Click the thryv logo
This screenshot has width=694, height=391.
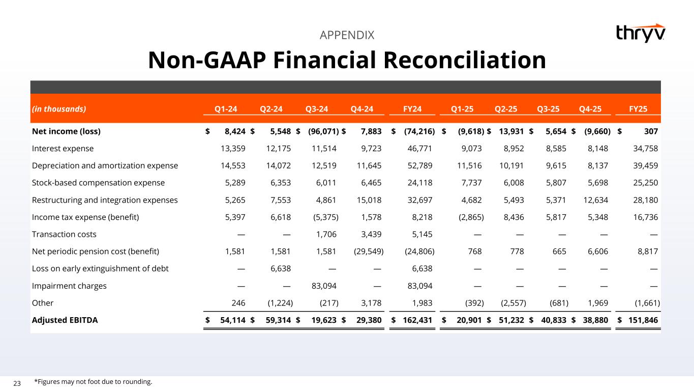[x=640, y=33]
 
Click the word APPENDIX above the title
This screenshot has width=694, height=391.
[x=347, y=35]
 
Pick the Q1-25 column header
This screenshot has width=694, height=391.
[x=464, y=108]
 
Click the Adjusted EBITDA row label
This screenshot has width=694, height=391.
[x=65, y=320]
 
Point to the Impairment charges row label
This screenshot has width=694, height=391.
[x=69, y=286]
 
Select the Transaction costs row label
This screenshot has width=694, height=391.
[x=64, y=234]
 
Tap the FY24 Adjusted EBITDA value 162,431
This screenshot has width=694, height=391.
[x=417, y=320]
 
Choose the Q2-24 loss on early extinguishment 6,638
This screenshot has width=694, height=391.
[x=279, y=268]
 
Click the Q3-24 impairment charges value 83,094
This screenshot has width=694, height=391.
[x=324, y=286]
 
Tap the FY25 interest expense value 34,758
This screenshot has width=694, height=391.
[x=644, y=148]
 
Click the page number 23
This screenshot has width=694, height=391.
[x=17, y=383]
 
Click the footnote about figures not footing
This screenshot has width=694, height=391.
[x=93, y=381]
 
